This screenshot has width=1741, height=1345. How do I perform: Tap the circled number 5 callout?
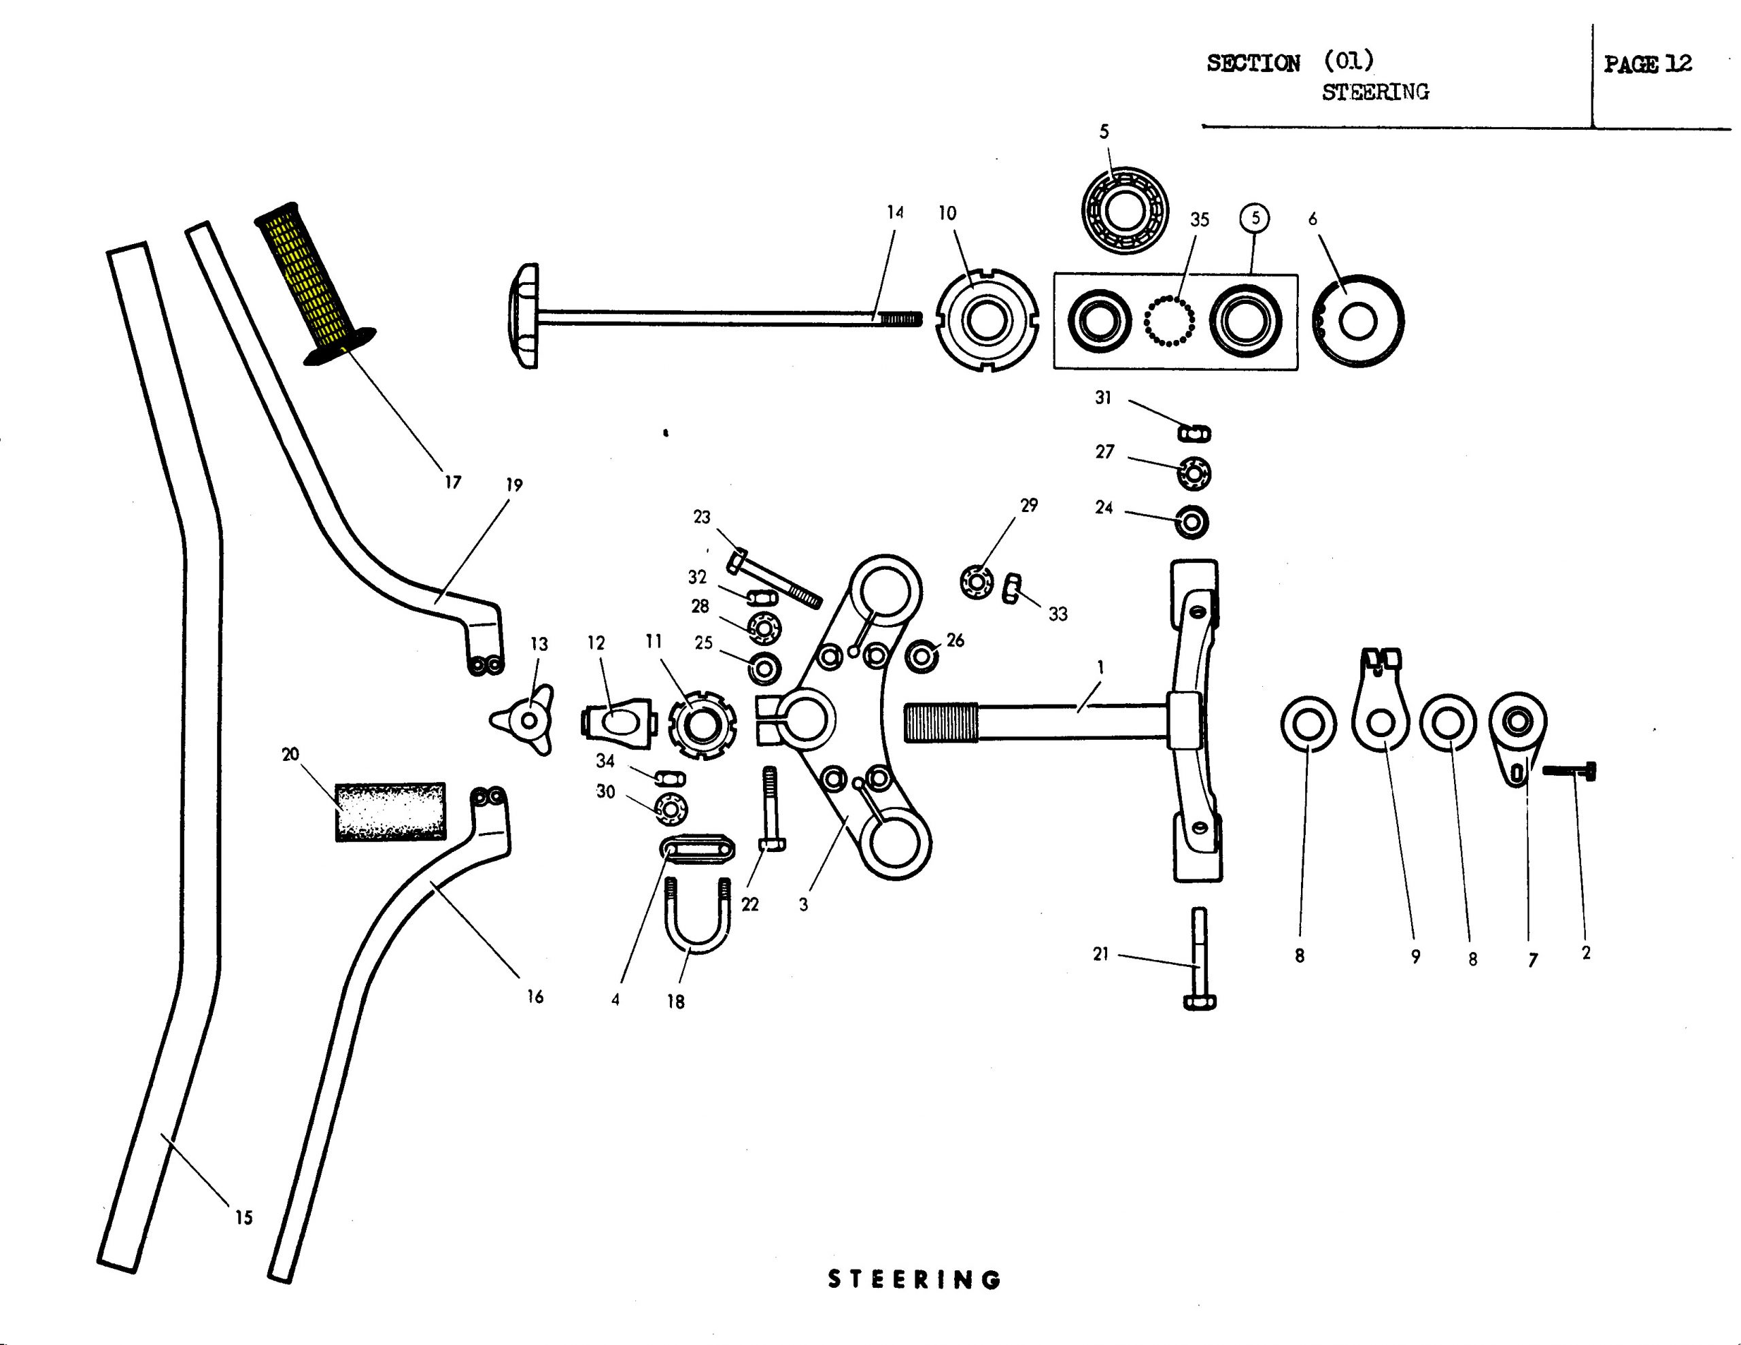1255,218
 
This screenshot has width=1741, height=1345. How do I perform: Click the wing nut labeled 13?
523,720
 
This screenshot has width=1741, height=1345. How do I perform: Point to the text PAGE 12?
1648,64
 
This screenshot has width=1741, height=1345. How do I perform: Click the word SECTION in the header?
1253,63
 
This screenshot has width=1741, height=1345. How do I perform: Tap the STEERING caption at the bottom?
914,1280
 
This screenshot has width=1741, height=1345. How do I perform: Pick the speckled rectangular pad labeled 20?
390,812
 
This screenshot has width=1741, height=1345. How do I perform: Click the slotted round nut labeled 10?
987,320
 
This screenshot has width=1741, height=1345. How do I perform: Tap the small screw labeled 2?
1569,770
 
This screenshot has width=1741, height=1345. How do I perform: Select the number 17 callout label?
453,481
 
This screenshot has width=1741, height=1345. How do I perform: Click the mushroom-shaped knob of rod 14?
523,316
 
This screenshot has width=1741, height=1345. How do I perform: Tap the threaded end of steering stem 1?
941,721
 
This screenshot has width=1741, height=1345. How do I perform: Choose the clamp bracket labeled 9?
1381,699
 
